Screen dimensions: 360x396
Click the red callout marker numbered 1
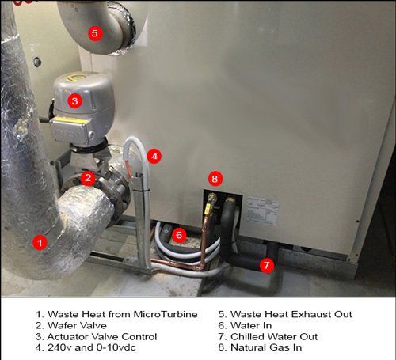coord(36,243)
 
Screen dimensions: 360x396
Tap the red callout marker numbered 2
coord(89,179)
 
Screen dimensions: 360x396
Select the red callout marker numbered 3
coord(73,100)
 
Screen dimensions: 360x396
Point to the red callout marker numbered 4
coord(154,156)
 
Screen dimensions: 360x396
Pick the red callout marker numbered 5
coord(94,33)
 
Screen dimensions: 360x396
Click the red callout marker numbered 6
coord(179,234)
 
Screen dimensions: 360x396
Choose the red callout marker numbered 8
coord(214,178)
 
